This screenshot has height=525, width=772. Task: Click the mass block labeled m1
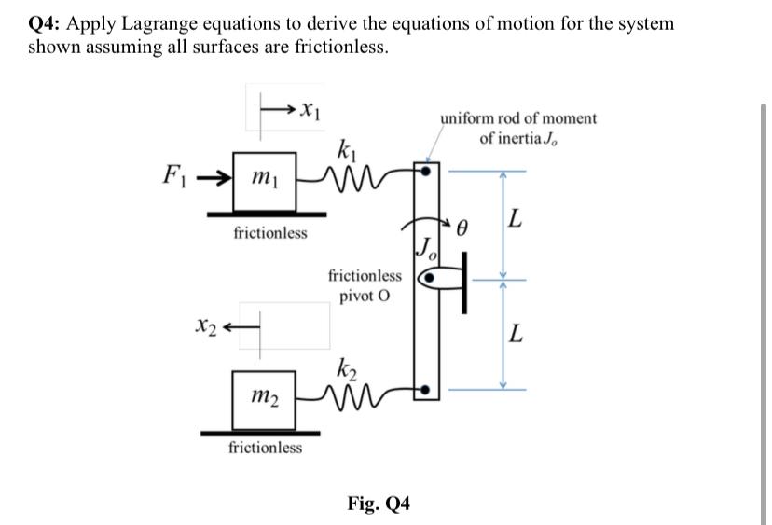(263, 176)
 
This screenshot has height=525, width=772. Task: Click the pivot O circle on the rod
(427, 277)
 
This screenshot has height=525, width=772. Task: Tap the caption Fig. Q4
(378, 504)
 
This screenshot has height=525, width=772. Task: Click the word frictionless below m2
(265, 449)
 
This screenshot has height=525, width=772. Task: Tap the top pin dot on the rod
(426, 171)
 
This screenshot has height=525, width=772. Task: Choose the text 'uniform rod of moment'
(518, 118)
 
